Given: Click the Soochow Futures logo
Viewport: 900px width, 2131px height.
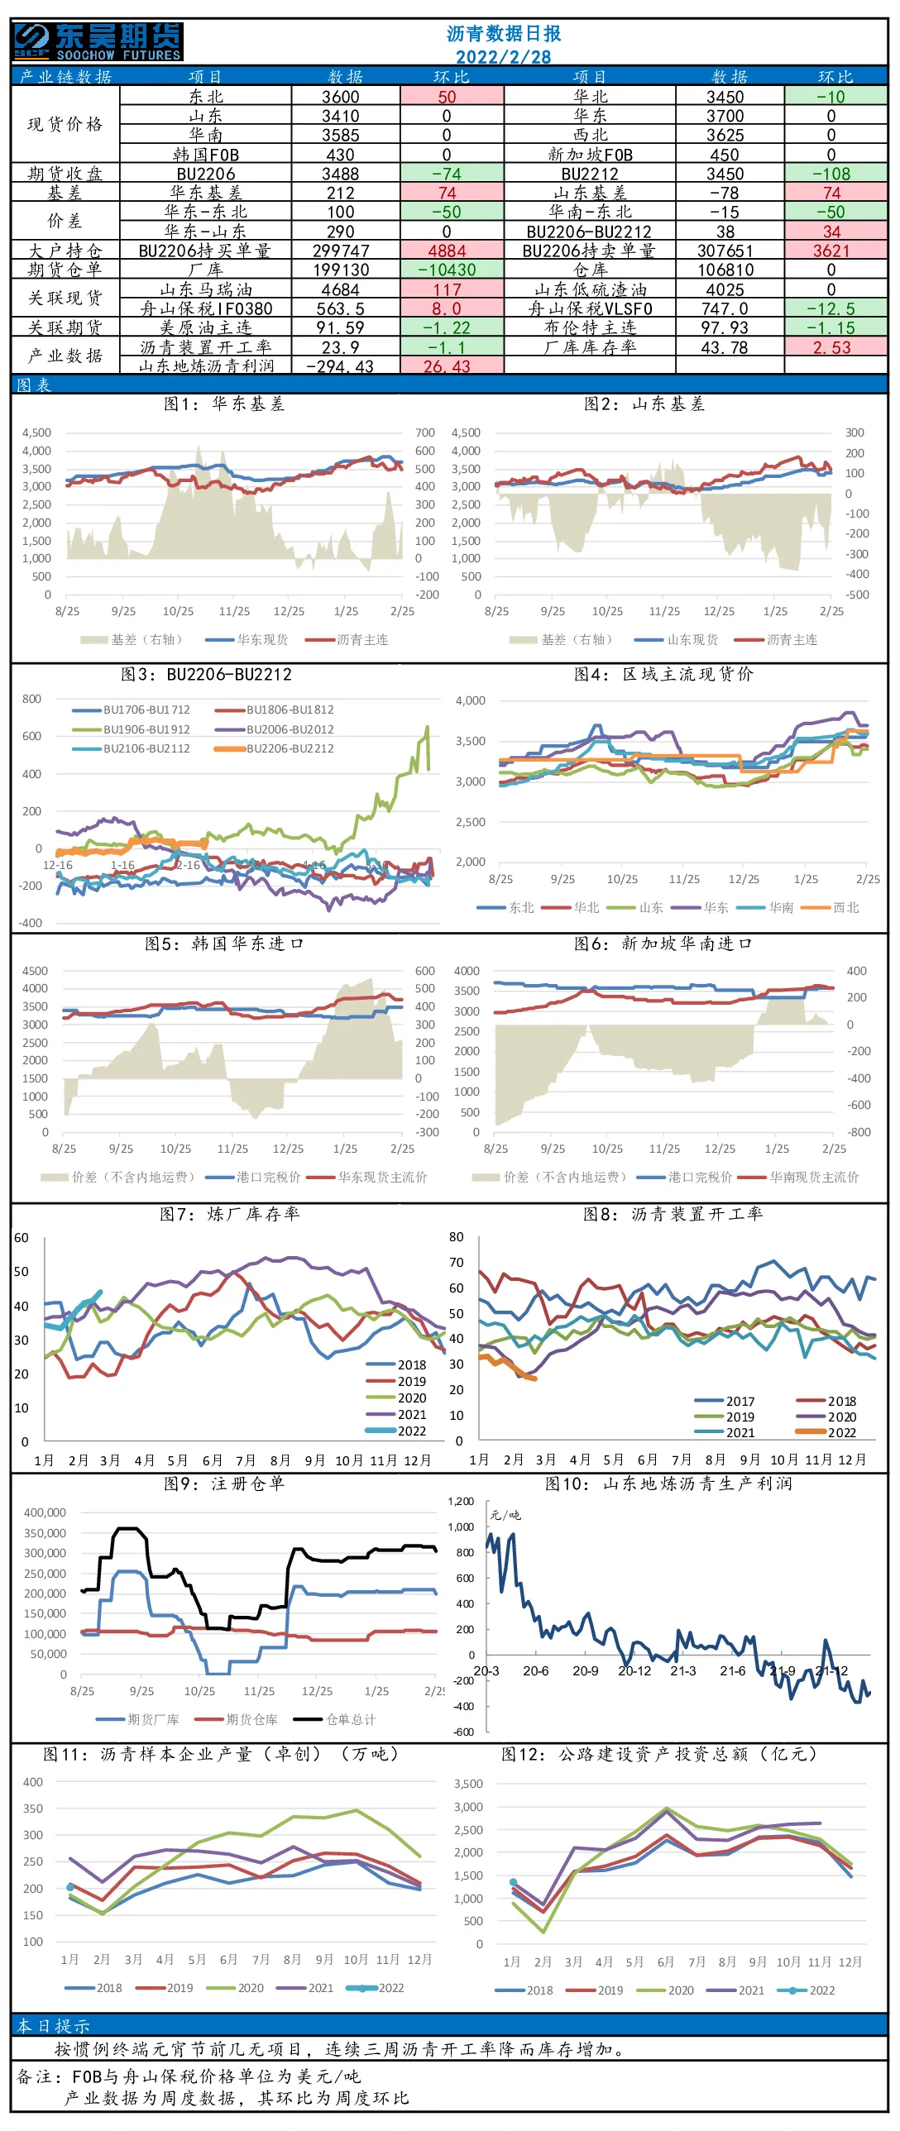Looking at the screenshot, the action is point(98,41).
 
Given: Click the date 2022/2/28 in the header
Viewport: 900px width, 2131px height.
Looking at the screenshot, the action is point(503,56).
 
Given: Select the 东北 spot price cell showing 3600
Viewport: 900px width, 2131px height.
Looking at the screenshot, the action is point(341,96).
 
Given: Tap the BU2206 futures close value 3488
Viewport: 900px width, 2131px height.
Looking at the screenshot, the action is point(341,174).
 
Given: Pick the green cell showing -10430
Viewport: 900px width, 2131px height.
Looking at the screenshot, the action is point(452,270).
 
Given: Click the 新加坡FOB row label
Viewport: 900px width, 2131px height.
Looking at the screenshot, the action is point(590,155).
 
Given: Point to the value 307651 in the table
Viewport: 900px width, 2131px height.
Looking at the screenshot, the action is point(725,251).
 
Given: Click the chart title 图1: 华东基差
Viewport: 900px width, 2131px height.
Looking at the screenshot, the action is point(224,404).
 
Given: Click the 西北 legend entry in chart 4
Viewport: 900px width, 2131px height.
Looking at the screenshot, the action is point(831,907).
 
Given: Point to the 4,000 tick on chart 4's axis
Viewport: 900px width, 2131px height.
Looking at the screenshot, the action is point(471,700).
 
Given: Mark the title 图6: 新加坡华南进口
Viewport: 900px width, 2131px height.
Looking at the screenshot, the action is point(663,943).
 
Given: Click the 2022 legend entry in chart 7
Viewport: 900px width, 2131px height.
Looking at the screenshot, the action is point(396,1431).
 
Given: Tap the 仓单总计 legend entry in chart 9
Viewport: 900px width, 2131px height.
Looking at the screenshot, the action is point(336,1719).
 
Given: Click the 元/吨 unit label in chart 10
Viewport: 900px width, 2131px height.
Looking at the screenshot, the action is point(505,1515).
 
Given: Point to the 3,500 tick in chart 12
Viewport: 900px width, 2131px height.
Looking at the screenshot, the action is point(468,1784).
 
